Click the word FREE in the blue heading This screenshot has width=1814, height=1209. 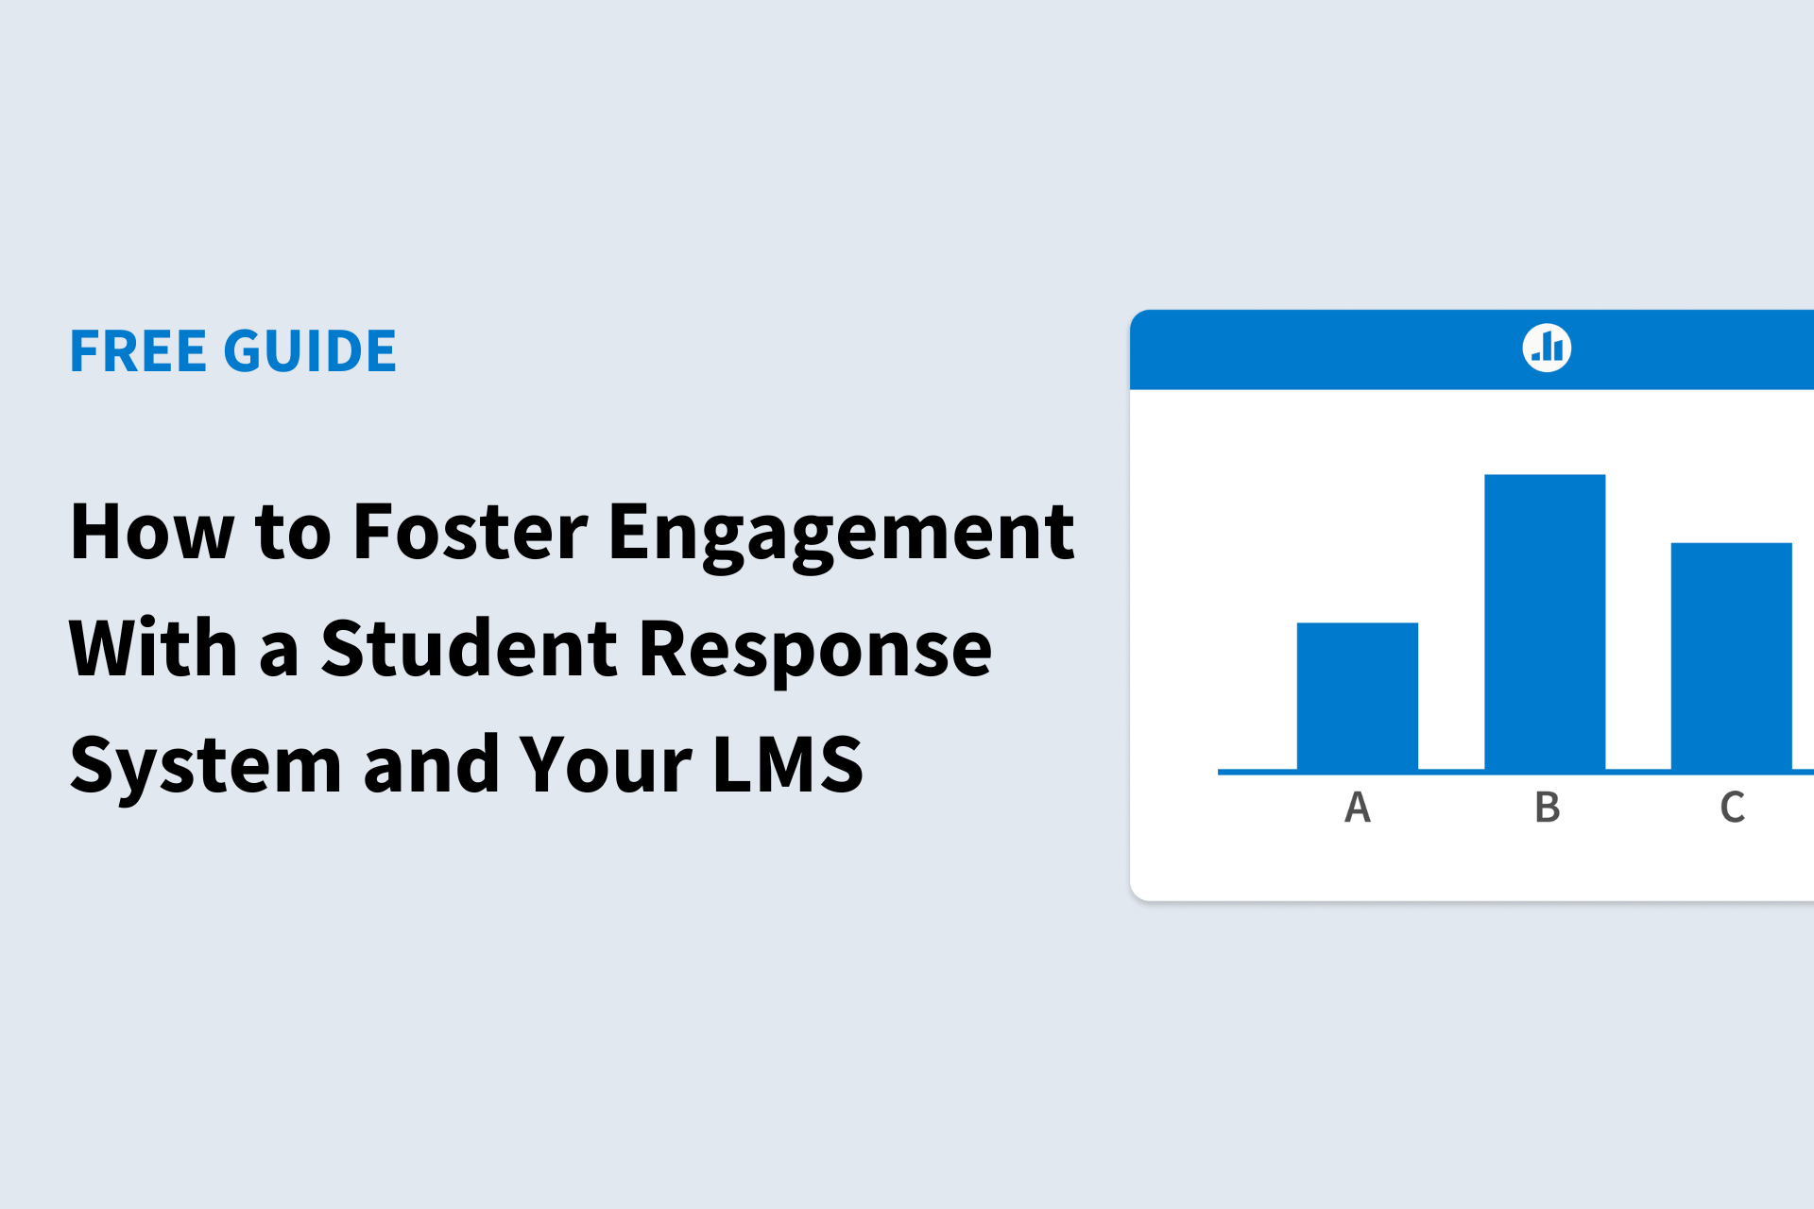point(138,351)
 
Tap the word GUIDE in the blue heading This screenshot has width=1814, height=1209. point(310,351)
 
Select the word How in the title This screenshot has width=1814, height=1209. point(152,532)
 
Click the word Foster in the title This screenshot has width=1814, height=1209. point(471,532)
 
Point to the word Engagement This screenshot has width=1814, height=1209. point(841,536)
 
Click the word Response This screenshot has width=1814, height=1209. point(815,653)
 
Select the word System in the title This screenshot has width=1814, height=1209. point(206,767)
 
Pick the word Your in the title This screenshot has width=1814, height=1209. point(606,764)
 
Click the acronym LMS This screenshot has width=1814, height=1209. point(788,764)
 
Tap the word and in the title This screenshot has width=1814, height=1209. point(432,763)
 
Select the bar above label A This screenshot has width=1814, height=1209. point(1357,696)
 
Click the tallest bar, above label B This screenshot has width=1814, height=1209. point(1545,622)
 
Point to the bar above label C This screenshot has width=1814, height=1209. point(1731,656)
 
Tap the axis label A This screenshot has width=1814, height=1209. point(1358,808)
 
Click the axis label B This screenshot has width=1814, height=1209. point(1547,808)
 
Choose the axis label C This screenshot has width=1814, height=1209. point(1732,808)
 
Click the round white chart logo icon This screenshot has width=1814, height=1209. point(1547,348)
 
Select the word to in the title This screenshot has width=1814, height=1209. point(293,534)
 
